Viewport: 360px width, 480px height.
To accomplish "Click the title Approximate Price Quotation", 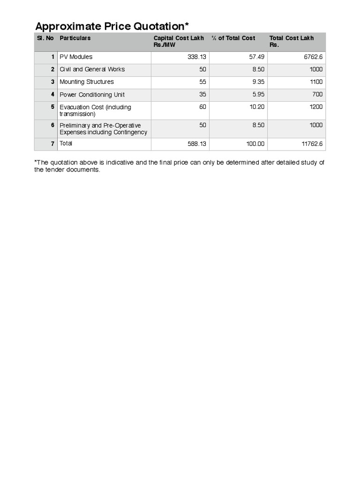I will tap(112, 26).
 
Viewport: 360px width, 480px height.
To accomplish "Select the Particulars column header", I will tap(75, 38).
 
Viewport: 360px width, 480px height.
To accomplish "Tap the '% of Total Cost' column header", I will tap(233, 38).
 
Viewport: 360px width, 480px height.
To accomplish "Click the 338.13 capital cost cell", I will tap(197, 57).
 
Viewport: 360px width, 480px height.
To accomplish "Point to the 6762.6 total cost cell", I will tap(313, 57).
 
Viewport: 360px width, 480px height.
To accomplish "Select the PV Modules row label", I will tap(76, 57).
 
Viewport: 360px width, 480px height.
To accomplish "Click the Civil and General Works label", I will tap(92, 69).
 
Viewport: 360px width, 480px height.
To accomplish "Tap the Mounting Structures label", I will tap(86, 82).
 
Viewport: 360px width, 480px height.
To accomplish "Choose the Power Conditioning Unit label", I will tap(92, 95).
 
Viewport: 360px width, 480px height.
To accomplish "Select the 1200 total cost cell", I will tap(316, 107).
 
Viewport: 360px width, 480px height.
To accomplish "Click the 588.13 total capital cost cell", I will tap(197, 144).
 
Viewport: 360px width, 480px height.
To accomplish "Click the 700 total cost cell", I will tap(318, 95).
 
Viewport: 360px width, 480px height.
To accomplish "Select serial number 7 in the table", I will tap(53, 143).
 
